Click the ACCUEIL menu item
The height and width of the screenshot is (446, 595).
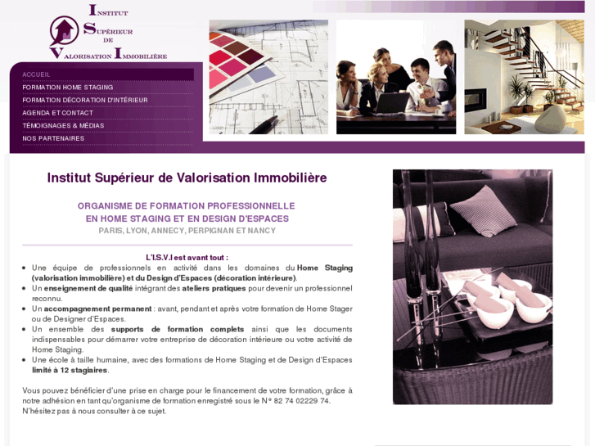coord(37,74)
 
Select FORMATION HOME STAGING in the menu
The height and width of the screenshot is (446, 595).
coord(68,87)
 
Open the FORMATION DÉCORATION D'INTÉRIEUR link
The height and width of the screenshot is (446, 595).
coord(85,100)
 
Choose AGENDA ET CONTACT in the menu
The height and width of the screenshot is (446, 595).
coord(58,113)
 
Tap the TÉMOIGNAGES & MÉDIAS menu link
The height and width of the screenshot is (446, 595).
coord(64,125)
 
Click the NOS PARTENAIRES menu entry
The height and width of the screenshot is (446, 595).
coord(53,138)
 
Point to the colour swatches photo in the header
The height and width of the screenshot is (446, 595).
coord(268,77)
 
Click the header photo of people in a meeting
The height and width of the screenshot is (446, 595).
coord(396,77)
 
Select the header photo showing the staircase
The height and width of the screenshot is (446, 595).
coord(524,77)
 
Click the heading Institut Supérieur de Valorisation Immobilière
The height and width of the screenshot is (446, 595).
coord(187,178)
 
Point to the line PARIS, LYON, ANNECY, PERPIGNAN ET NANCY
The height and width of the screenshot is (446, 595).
coord(187,231)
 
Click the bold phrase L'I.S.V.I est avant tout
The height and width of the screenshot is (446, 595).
coord(187,257)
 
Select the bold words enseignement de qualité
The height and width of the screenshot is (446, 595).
coord(88,288)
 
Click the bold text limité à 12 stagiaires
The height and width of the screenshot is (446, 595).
coord(70,370)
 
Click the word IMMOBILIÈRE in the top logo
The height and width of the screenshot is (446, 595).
coord(142,55)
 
